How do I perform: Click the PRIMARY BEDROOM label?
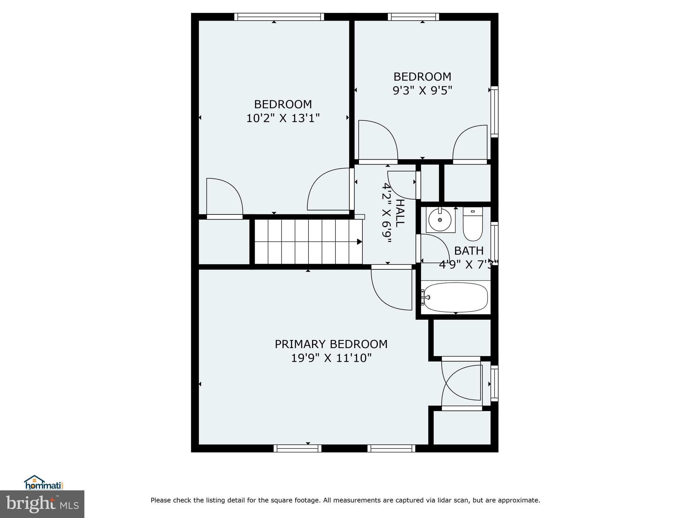331,344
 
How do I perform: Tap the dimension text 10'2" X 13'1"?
283,118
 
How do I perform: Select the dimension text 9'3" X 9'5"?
422,91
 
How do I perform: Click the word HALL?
400,213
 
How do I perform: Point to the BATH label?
469,251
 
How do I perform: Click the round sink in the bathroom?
440,220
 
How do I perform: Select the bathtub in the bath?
455,297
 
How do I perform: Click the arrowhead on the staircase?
359,242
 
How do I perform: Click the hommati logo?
44,483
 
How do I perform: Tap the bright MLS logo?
42,504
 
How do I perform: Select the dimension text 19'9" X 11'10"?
331,358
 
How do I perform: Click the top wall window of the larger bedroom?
279,17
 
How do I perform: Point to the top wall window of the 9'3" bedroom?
413,17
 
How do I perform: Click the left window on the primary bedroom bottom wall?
297,448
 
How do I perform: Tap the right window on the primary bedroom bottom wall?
391,448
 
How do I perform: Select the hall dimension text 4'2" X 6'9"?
387,213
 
